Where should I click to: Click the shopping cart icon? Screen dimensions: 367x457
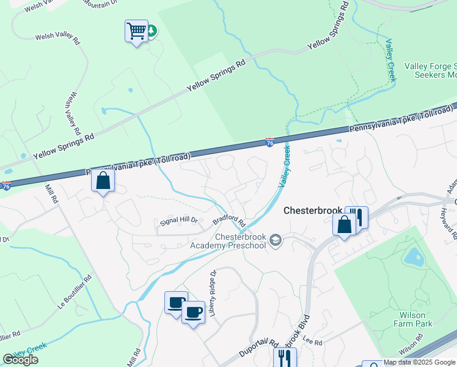(136, 30)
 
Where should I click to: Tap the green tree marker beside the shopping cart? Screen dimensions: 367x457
(150, 30)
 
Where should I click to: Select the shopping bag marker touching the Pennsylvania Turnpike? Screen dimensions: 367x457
(103, 180)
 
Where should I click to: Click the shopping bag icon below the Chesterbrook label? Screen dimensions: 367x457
(345, 224)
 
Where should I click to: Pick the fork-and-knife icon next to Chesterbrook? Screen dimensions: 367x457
(359, 217)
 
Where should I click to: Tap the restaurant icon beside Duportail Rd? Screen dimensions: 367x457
(285, 357)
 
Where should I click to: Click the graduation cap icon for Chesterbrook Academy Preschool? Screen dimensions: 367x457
(276, 240)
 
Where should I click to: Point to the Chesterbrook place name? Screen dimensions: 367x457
(313, 210)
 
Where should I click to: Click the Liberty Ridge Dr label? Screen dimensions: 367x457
(213, 293)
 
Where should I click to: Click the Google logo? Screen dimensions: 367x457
(20, 360)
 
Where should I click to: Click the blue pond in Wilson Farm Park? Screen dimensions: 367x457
(415, 257)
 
